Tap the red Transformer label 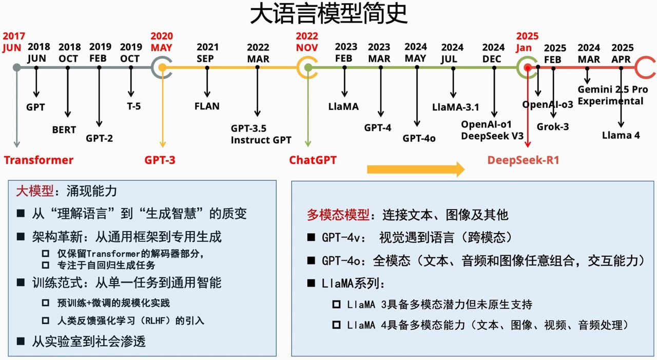pos(39,160)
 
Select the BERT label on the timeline pos(64,130)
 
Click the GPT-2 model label pos(100,138)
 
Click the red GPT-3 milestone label pos(160,160)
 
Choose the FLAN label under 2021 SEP pos(207,106)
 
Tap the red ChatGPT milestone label pos(313,160)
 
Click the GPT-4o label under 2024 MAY pos(419,138)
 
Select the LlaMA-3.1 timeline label pos(455,107)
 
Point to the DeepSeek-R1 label pos(523,160)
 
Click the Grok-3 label pos(553,126)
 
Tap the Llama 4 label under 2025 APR pos(621,136)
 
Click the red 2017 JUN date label pos(14,42)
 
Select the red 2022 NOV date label pos(307,42)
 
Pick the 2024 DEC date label pos(493,53)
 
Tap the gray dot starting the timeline pos(17,67)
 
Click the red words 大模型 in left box pos(34,192)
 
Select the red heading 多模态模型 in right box pos(338,215)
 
